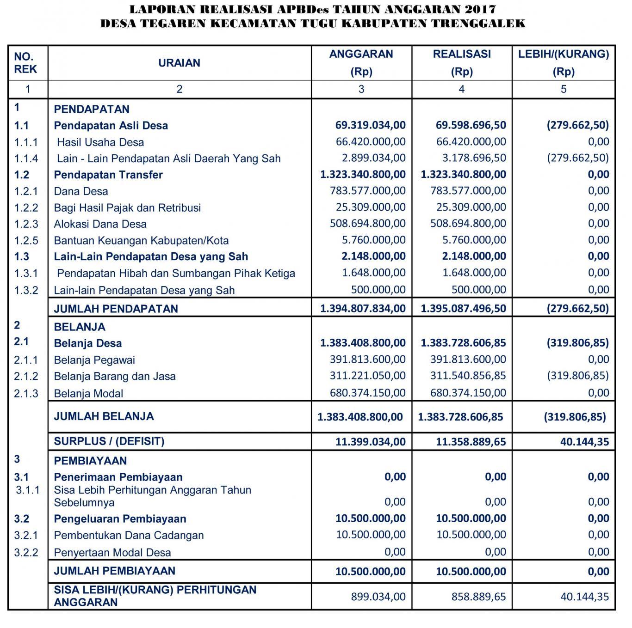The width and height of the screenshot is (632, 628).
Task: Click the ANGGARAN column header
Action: (x=361, y=54)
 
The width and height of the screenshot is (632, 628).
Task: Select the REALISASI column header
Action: (x=461, y=54)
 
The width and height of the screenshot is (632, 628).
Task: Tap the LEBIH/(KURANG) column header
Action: (x=563, y=54)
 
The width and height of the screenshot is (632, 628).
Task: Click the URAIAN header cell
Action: (x=179, y=63)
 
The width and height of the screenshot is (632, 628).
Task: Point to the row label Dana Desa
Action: (x=81, y=191)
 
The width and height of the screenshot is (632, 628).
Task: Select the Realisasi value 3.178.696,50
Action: (x=474, y=158)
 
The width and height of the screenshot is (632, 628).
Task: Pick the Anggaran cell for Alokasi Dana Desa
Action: (x=367, y=224)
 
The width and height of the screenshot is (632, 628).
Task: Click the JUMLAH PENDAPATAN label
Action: (x=116, y=309)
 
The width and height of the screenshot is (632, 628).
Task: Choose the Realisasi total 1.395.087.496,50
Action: (x=463, y=308)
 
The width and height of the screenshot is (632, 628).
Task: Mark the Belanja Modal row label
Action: (x=88, y=394)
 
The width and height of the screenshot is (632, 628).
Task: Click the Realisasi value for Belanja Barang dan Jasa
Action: (x=468, y=376)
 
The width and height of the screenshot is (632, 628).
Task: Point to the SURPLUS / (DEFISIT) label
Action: (x=109, y=441)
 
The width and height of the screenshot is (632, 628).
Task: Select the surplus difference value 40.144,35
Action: (x=584, y=442)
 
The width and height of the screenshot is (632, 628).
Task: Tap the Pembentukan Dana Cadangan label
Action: (x=129, y=536)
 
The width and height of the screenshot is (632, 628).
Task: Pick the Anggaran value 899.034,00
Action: (x=378, y=597)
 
